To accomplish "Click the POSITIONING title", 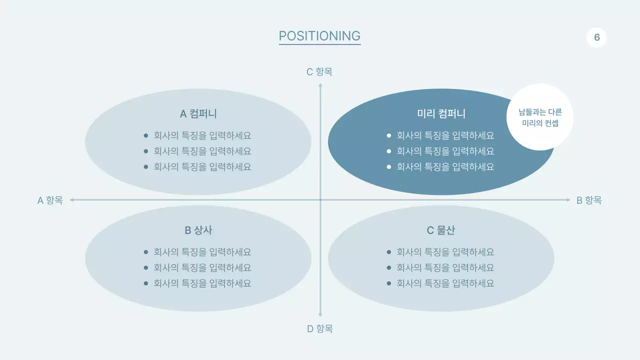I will point(319,36).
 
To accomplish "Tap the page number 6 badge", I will point(596,37).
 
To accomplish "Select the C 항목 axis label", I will point(319,72).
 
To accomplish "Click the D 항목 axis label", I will point(319,329).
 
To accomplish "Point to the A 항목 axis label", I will point(50,200).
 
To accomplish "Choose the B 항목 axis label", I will point(589,200).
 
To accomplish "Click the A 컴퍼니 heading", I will point(198,114).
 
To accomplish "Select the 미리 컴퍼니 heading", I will point(441,114).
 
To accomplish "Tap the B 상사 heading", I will point(198,230).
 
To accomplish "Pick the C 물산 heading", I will point(441,230).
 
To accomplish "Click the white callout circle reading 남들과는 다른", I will point(540,117).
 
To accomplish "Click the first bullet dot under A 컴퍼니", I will point(146,135).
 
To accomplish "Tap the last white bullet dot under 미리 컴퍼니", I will point(389,167).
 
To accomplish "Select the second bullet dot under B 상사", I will point(146,268).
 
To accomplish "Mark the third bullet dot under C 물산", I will point(389,283).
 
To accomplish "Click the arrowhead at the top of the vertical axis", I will point(320,85).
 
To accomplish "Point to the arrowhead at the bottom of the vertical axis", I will point(320,315).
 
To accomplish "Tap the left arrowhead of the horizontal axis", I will point(72,200).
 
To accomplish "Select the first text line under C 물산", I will point(445,252).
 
